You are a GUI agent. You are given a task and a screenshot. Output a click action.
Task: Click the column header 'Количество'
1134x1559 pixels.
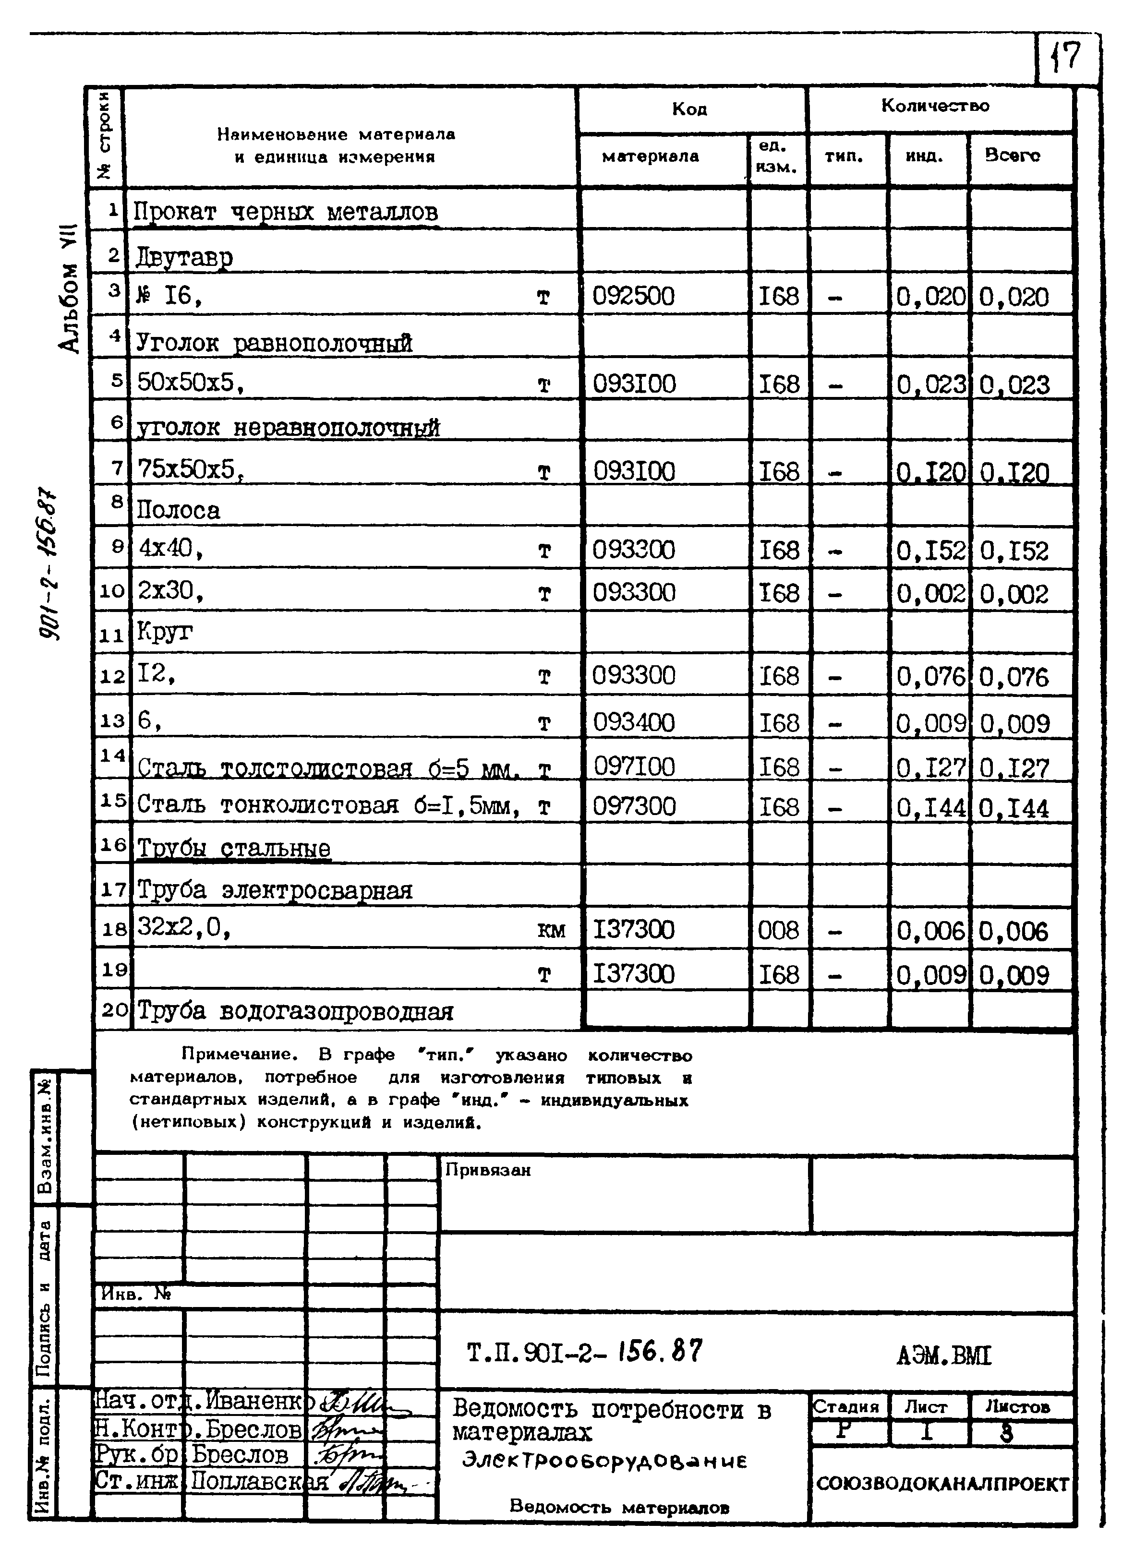pos(935,106)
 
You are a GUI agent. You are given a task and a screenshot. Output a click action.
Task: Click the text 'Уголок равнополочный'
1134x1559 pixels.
pos(274,342)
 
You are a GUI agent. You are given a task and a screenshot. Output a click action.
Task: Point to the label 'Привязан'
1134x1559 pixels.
pos(488,1170)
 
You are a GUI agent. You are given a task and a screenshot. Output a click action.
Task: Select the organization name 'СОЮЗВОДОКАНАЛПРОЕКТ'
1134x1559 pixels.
pos(943,1484)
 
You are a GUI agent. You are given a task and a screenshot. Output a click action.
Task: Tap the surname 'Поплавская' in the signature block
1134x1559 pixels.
pos(259,1481)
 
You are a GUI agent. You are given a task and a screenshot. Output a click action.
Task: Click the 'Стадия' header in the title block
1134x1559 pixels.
pos(846,1406)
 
